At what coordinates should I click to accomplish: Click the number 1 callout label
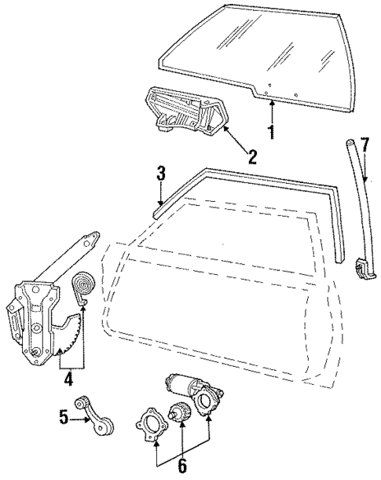click(271, 133)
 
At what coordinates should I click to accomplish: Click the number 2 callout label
click(253, 156)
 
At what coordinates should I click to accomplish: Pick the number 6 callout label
click(181, 464)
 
